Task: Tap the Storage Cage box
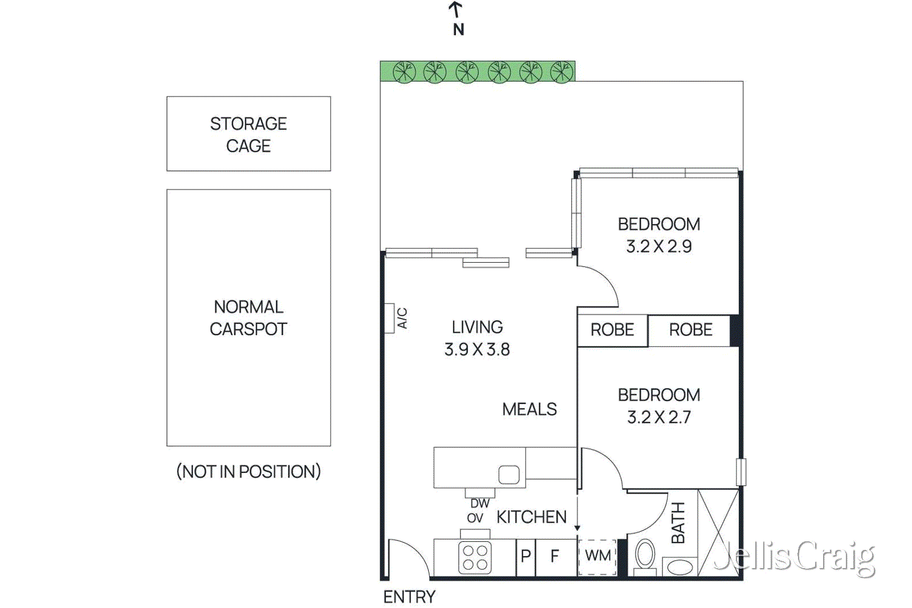click(x=249, y=134)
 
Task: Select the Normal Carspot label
click(x=249, y=317)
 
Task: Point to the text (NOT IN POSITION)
click(x=249, y=471)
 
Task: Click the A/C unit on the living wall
click(x=389, y=318)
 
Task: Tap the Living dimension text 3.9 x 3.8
click(x=477, y=349)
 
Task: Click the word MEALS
click(x=529, y=409)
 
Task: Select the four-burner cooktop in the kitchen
click(x=475, y=557)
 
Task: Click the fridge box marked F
click(x=555, y=556)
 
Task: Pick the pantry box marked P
click(x=526, y=556)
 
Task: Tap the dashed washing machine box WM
click(x=597, y=556)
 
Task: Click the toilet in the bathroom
click(x=645, y=556)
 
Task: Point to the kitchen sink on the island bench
click(x=508, y=475)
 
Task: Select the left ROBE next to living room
click(x=612, y=330)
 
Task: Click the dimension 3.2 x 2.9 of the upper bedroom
click(x=659, y=246)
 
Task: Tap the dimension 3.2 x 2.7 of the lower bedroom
click(x=659, y=417)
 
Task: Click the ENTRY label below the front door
click(x=409, y=597)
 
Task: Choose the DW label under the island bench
click(x=479, y=504)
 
